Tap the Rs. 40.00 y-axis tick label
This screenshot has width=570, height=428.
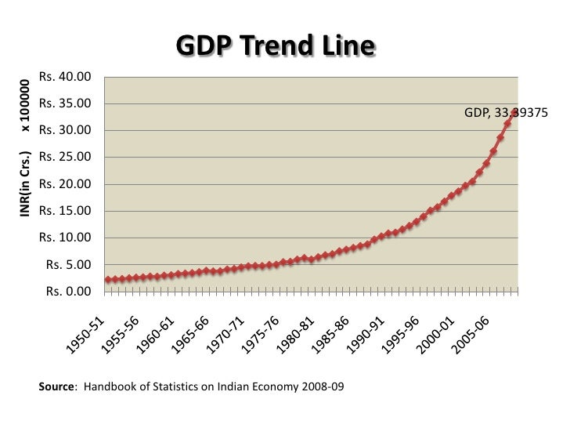click(65, 77)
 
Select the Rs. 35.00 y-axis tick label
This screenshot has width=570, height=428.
click(65, 103)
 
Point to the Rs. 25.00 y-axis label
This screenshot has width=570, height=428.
click(65, 158)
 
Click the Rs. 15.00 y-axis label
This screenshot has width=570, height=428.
click(65, 211)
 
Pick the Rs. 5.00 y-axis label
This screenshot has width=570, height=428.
click(68, 265)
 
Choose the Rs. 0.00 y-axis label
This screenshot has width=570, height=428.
click(68, 292)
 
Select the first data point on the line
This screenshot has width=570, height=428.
click(107, 280)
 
